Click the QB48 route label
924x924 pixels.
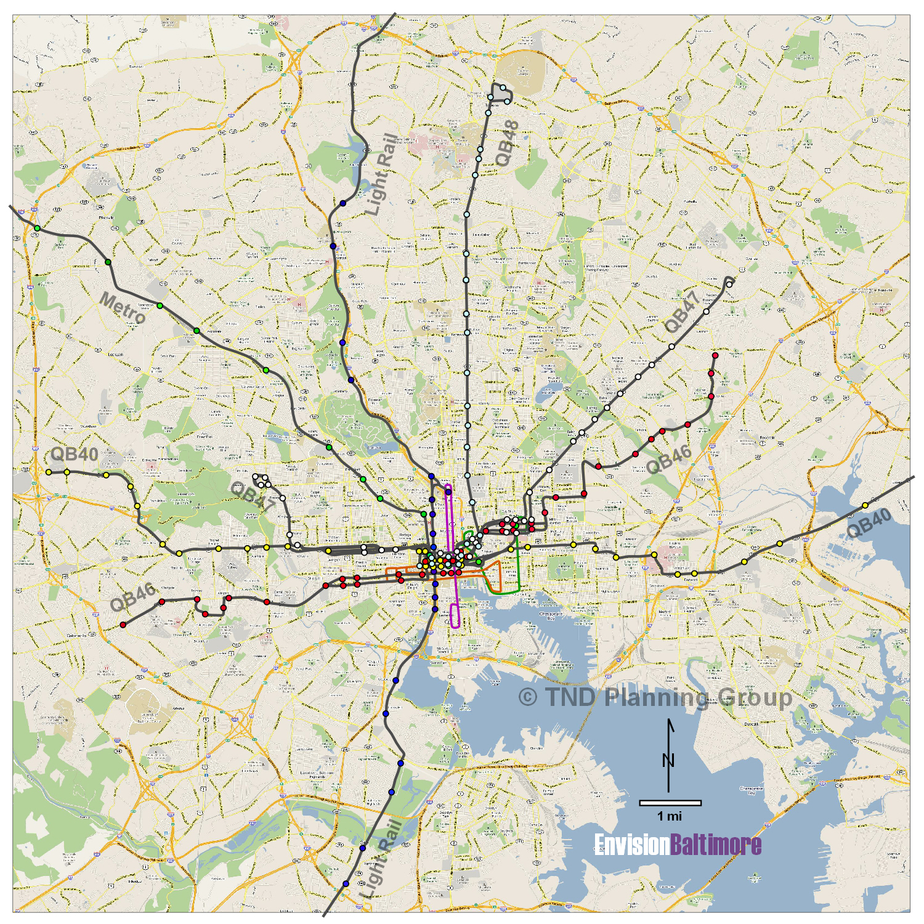click(508, 144)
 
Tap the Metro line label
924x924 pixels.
click(123, 308)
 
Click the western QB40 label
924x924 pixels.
click(74, 454)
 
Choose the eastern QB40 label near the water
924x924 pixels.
click(869, 524)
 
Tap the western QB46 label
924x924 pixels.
click(132, 597)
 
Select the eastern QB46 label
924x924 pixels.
click(668, 459)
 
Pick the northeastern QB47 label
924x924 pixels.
click(682, 312)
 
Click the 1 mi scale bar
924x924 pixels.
click(670, 803)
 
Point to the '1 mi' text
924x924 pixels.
click(670, 816)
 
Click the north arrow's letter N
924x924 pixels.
click(668, 760)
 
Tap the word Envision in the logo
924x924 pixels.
click(631, 845)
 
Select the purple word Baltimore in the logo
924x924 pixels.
click(715, 845)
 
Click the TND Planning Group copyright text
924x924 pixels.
click(655, 697)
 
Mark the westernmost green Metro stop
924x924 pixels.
click(38, 229)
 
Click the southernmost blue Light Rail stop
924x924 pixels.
click(345, 884)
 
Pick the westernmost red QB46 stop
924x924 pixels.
click(123, 625)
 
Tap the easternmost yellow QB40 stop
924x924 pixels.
click(865, 505)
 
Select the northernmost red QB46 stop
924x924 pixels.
click(715, 355)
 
